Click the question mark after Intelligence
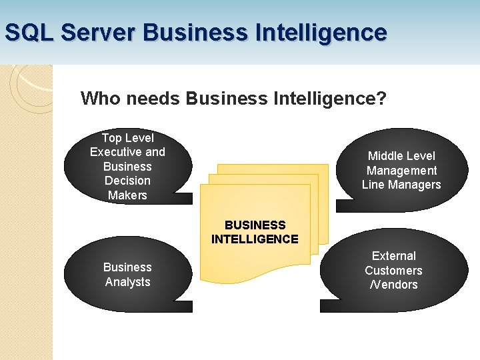click(381, 99)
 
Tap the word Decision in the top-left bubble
click(127, 181)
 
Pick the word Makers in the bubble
click(127, 195)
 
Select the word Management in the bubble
click(401, 171)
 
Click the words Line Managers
click(401, 185)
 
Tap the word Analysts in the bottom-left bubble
click(127, 282)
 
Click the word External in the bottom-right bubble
click(393, 256)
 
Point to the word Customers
click(393, 271)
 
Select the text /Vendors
click(393, 285)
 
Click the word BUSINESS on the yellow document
click(255, 225)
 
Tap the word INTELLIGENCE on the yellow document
click(255, 239)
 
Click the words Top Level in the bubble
click(127, 138)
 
